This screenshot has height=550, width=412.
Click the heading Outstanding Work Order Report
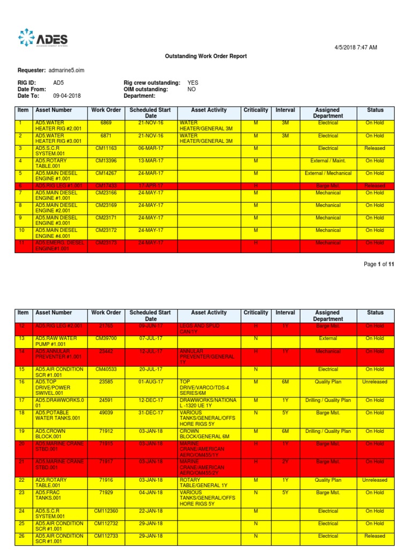(205, 56)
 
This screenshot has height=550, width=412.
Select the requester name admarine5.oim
(66, 70)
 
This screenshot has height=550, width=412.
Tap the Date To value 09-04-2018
(67, 96)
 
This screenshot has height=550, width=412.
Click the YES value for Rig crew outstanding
(193, 83)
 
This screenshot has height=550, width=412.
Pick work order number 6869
(106, 123)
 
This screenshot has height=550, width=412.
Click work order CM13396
(106, 161)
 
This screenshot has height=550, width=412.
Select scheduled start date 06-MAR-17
(150, 148)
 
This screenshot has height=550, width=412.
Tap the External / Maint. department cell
(328, 161)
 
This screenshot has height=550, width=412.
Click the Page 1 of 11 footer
(379, 264)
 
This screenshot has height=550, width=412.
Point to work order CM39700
(106, 338)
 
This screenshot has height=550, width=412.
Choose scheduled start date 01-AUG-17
(150, 382)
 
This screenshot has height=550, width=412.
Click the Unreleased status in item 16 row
(374, 382)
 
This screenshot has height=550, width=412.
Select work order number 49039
(106, 413)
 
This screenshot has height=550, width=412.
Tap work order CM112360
(106, 511)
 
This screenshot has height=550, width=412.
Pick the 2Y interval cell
(285, 461)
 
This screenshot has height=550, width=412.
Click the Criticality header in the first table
(256, 110)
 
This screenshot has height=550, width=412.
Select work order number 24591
(106, 400)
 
